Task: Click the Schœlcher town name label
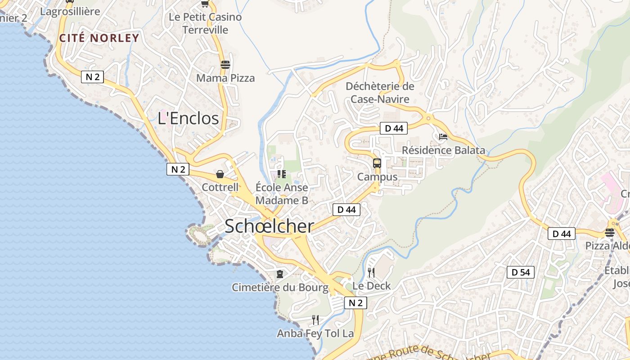[x=269, y=226]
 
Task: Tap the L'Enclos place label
[x=188, y=118]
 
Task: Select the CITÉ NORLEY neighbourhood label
[x=99, y=38]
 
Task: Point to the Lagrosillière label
[x=70, y=11]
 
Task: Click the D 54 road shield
[x=521, y=272]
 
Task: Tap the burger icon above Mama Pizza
[x=225, y=64]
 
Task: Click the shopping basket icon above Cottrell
[x=220, y=174]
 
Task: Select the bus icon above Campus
[x=377, y=163]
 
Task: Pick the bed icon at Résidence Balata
[x=443, y=137]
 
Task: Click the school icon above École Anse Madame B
[x=282, y=174]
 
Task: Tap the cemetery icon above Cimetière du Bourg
[x=280, y=274]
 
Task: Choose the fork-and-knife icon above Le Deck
[x=371, y=272]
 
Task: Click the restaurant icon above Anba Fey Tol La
[x=315, y=320]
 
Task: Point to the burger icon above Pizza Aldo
[x=610, y=233]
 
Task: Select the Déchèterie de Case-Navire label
[x=380, y=93]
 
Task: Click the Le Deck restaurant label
[x=371, y=286]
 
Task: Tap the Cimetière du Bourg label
[x=280, y=288]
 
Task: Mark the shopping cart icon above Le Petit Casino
[x=205, y=4]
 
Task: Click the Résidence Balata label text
[x=443, y=150]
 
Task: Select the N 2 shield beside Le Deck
[x=355, y=303]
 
